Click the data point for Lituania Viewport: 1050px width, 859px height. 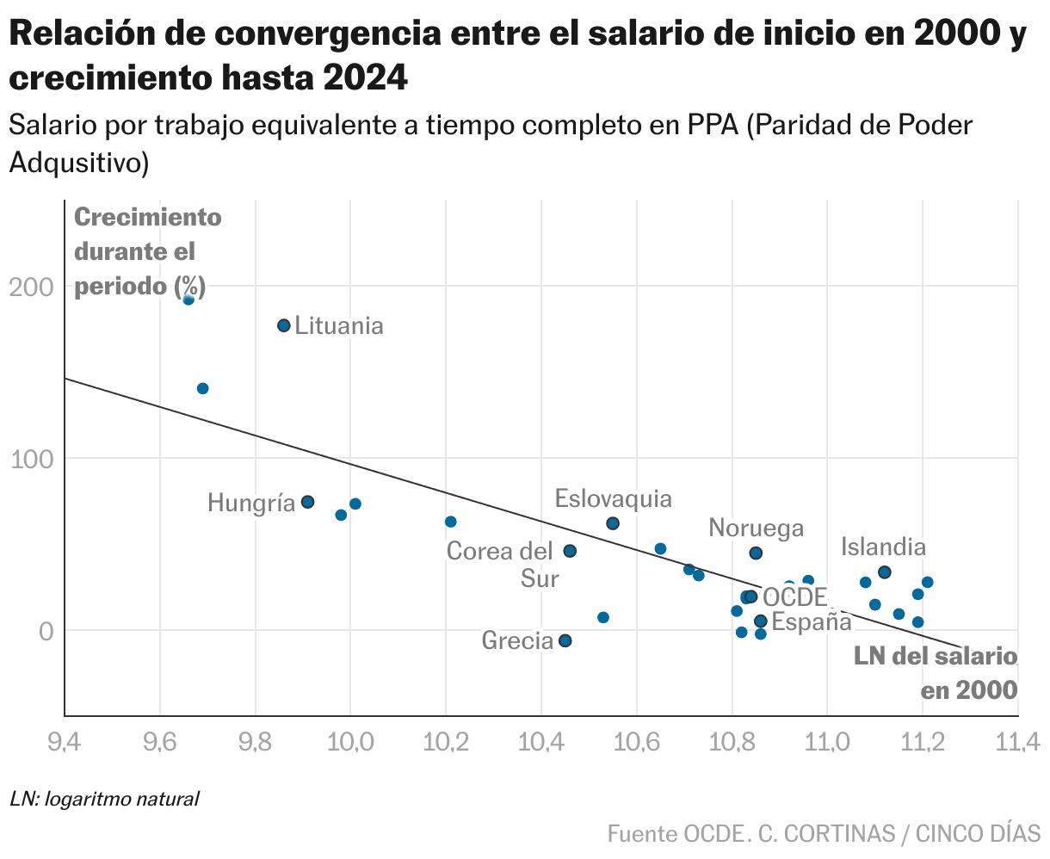pyautogui.click(x=284, y=325)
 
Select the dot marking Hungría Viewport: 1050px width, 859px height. pyautogui.click(x=307, y=502)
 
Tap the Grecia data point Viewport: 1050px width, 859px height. pyautogui.click(x=565, y=640)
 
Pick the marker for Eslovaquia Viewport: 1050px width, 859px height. pyautogui.click(x=613, y=523)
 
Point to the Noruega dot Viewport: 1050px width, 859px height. pyautogui.click(x=756, y=553)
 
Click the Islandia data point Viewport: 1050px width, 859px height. pyautogui.click(x=884, y=572)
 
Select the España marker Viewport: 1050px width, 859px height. pyautogui.click(x=760, y=621)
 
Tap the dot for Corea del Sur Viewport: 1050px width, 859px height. pyautogui.click(x=570, y=551)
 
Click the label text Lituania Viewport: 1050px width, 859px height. pyautogui.click(x=339, y=326)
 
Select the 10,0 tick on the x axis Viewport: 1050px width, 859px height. pyautogui.click(x=350, y=740)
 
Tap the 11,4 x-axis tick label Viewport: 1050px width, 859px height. pyautogui.click(x=1018, y=740)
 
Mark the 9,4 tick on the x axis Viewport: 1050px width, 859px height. pyautogui.click(x=65, y=740)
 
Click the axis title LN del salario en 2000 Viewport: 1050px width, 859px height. pyautogui.click(x=936, y=673)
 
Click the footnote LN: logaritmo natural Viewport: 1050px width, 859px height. pyautogui.click(x=105, y=799)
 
